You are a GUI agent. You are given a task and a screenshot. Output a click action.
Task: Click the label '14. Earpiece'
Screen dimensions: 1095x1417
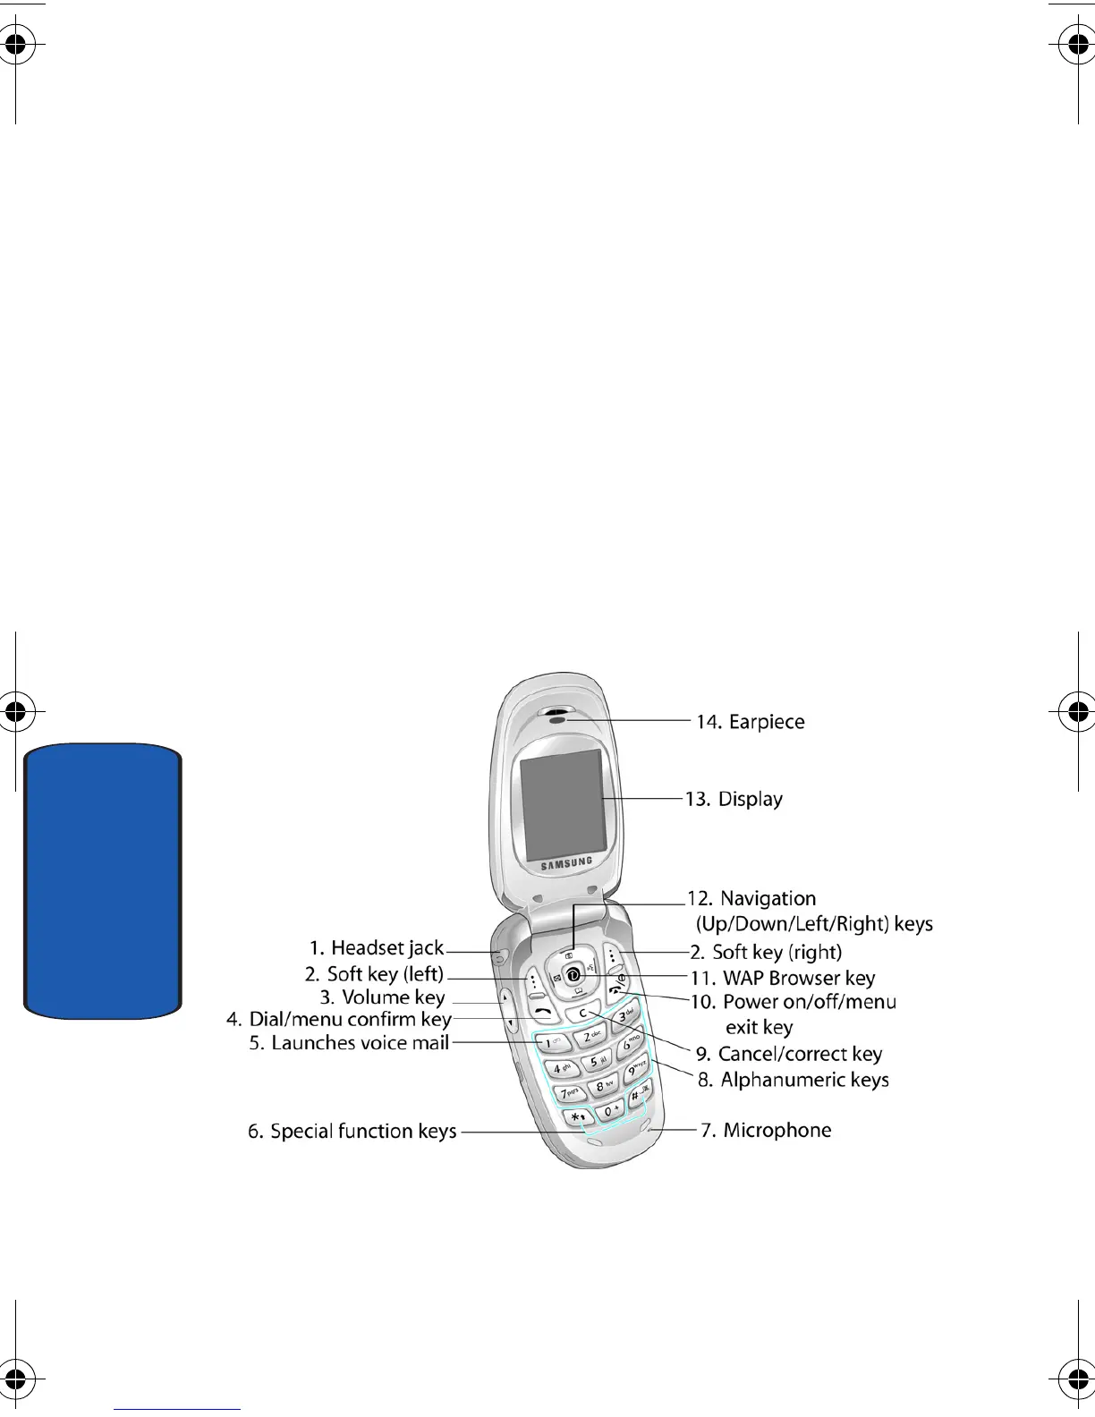[750, 722]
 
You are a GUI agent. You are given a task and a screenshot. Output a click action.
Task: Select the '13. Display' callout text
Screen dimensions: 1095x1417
[734, 799]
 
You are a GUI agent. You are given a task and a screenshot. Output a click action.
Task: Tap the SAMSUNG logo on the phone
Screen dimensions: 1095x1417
[565, 863]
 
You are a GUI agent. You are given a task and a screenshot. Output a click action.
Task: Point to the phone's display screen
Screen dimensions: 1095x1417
[563, 805]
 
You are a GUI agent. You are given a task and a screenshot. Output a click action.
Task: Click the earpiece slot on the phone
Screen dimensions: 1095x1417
[557, 717]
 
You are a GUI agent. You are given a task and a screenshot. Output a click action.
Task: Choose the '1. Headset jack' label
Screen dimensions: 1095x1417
[377, 948]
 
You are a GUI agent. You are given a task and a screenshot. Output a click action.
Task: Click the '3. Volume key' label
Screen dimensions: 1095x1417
[382, 997]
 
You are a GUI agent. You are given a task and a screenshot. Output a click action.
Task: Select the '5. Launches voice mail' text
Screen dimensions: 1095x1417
[349, 1043]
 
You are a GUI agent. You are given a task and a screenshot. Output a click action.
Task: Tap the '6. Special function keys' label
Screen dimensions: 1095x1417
[352, 1132]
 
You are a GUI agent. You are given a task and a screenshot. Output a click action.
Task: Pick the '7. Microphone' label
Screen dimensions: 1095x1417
[766, 1131]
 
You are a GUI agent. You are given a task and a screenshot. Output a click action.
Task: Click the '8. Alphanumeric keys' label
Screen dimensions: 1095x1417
[794, 1080]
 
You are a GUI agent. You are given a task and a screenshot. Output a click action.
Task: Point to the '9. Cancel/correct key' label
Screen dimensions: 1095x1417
[789, 1054]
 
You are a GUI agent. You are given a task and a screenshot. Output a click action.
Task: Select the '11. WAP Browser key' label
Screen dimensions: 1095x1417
[783, 978]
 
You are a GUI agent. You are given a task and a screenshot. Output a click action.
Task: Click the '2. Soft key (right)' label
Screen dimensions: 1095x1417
[766, 953]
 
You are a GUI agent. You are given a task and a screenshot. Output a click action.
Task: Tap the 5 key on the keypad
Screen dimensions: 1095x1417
[594, 1063]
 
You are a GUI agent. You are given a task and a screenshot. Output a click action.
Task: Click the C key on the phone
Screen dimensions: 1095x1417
[582, 1014]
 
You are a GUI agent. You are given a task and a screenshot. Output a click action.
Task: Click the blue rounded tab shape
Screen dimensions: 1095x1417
[103, 881]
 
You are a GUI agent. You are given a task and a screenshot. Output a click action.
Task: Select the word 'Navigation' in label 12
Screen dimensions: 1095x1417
[768, 898]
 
